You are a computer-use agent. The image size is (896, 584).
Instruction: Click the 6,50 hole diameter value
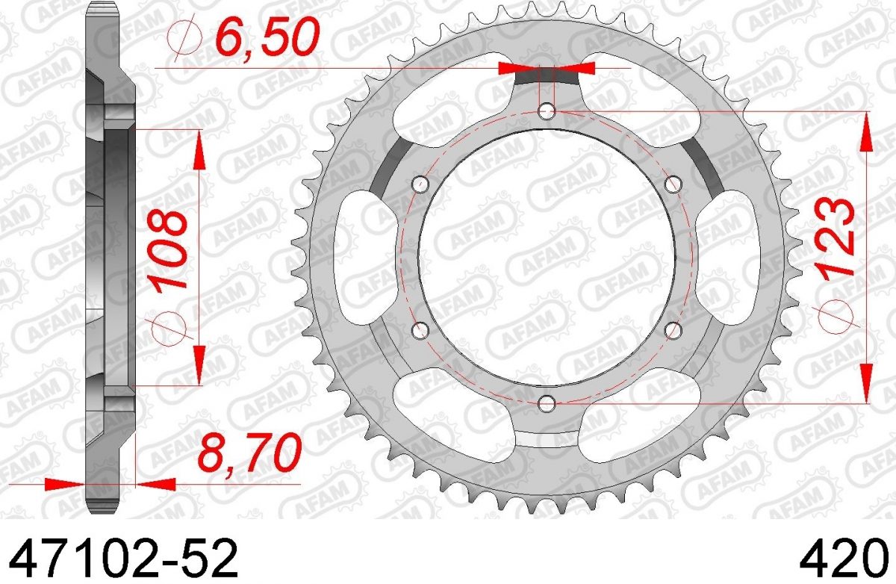click(267, 38)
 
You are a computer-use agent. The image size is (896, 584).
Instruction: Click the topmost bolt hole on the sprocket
click(547, 111)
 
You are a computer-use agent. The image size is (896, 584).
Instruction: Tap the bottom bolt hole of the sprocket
click(547, 403)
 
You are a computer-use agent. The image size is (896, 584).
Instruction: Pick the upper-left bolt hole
click(420, 184)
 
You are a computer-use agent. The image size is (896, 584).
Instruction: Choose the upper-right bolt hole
click(673, 184)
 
